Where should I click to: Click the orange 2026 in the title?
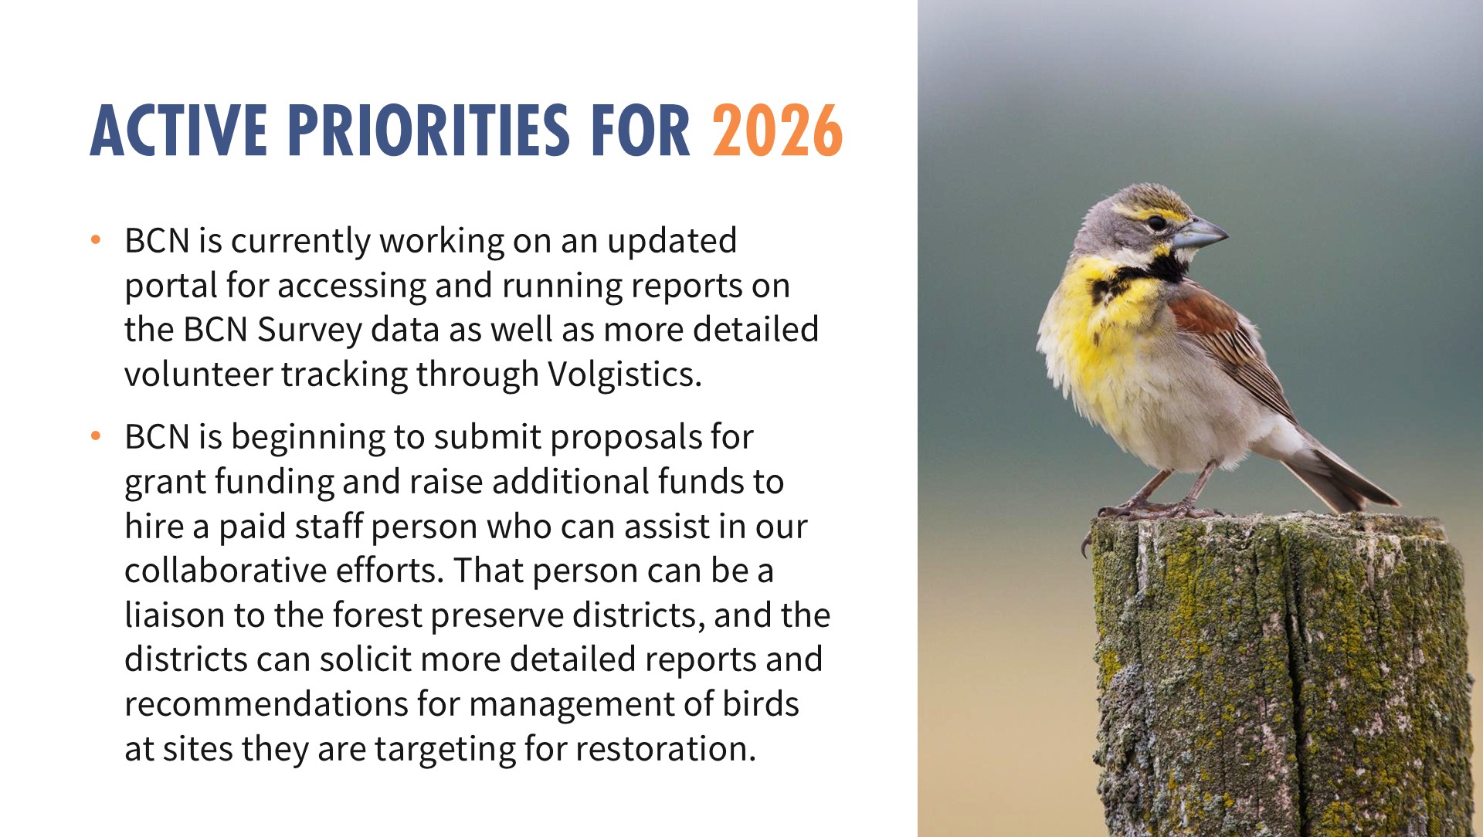(x=777, y=130)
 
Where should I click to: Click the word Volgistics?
(x=625, y=374)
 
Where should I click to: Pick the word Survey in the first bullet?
(x=310, y=330)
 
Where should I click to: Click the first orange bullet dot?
(x=96, y=239)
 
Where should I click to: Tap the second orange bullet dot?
(x=96, y=435)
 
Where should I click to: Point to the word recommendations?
(x=266, y=704)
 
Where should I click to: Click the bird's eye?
(x=1156, y=222)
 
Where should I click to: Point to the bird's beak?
(x=1200, y=232)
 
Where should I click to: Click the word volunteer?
(x=198, y=374)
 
